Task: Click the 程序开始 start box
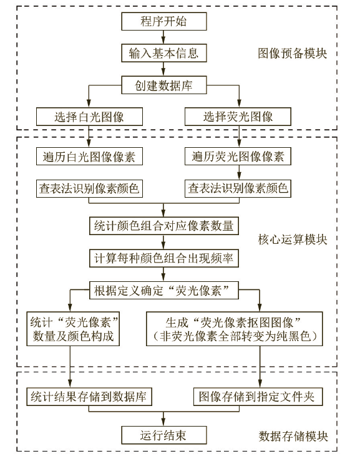[x=163, y=21]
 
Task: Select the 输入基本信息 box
[x=163, y=53]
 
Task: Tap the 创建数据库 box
[x=163, y=85]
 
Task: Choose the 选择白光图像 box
[x=89, y=117]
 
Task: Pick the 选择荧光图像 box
[x=238, y=117]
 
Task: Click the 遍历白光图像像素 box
[x=89, y=157]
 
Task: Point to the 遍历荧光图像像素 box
[x=238, y=157]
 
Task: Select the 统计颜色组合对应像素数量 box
[x=164, y=226]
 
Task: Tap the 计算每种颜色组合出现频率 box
[x=164, y=258]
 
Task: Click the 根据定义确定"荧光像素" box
[x=164, y=290]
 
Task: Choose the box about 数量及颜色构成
[x=73, y=329]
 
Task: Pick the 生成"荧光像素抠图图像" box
[x=235, y=329]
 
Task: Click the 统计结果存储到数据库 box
[x=89, y=397]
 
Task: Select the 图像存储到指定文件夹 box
[x=258, y=397]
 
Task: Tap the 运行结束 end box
[x=163, y=435]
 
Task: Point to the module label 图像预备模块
[x=292, y=54]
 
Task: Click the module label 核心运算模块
[x=293, y=239]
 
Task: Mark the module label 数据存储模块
[x=293, y=436]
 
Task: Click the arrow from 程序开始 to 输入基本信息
[x=163, y=37]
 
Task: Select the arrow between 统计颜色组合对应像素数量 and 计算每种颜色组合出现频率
[x=163, y=242]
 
